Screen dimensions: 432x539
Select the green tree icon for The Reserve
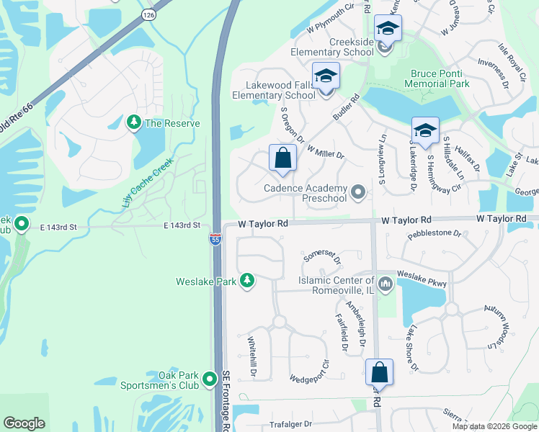coord(133,123)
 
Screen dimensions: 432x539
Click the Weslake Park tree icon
coord(247,281)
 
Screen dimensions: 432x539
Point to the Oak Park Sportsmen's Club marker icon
coord(210,378)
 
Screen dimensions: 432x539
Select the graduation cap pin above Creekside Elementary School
coord(388,30)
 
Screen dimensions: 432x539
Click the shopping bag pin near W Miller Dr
coord(283,158)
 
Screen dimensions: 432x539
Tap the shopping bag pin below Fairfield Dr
coord(379,372)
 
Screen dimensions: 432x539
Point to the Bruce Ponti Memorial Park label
coord(440,78)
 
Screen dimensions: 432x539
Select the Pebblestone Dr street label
coord(433,233)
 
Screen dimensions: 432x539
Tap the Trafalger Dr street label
coord(288,424)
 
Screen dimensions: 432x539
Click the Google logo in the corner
coord(24,423)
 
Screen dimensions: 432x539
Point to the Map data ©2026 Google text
coord(493,426)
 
